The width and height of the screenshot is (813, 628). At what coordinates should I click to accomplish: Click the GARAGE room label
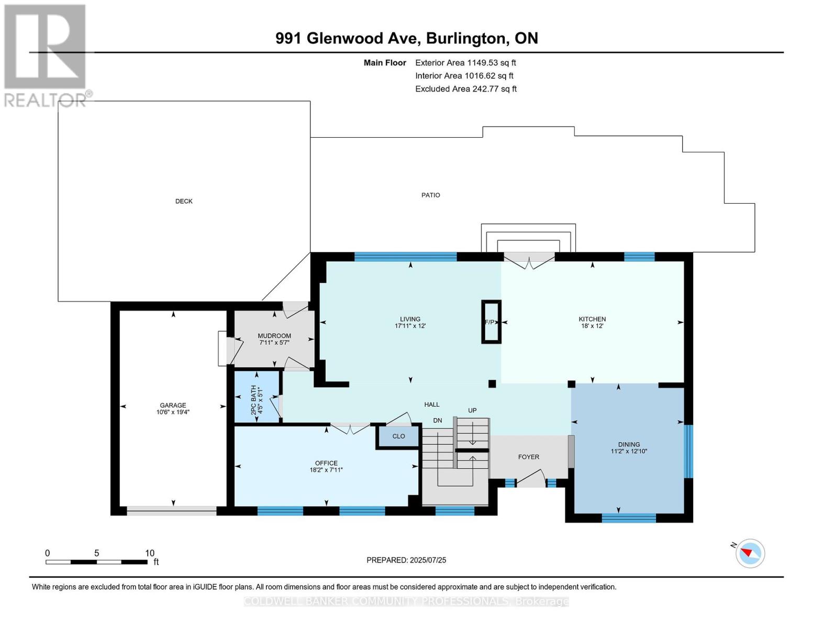click(x=173, y=405)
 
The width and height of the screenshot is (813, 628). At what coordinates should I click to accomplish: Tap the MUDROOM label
click(x=274, y=336)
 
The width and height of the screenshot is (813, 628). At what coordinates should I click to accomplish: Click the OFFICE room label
click(x=326, y=463)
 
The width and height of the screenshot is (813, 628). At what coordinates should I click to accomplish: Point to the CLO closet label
click(x=398, y=436)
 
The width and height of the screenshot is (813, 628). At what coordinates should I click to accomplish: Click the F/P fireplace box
click(x=491, y=322)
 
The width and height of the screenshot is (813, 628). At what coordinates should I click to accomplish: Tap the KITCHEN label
click(x=592, y=319)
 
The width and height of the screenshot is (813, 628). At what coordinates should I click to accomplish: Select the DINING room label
click(x=629, y=444)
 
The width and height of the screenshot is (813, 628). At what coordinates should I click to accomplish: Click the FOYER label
click(x=529, y=457)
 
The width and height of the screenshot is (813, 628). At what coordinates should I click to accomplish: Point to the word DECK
click(x=184, y=201)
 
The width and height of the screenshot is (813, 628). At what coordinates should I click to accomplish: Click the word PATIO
click(x=431, y=195)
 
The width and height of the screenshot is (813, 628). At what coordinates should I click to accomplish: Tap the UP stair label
click(x=472, y=410)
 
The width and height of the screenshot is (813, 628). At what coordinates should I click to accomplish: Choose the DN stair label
click(x=438, y=420)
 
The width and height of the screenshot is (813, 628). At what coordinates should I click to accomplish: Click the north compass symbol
click(x=750, y=553)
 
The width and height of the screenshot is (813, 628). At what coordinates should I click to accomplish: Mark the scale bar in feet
click(x=97, y=562)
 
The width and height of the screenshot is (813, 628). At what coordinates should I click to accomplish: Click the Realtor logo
click(x=45, y=55)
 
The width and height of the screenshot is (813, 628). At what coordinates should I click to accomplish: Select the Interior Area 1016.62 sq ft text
click(x=464, y=75)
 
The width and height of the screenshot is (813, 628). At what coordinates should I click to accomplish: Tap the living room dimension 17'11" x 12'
click(x=410, y=326)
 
